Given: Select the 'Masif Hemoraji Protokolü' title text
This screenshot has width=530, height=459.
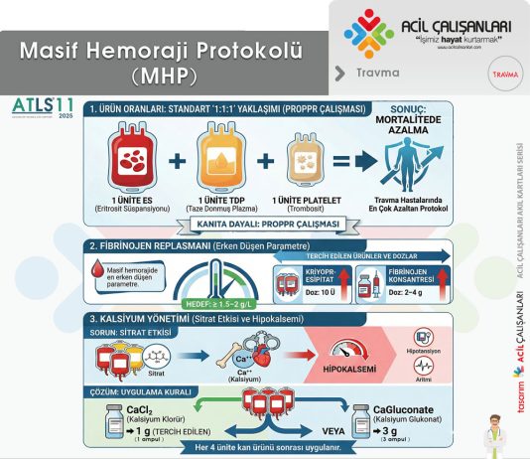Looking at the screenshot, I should click(x=162, y=51).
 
